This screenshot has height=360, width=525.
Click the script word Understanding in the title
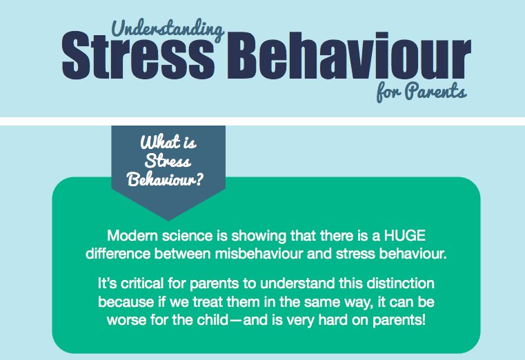click(x=166, y=29)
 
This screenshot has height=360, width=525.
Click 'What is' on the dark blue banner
click(x=168, y=145)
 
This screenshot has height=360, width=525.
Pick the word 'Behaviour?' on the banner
click(x=168, y=179)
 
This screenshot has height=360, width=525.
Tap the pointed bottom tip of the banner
click(x=168, y=219)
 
